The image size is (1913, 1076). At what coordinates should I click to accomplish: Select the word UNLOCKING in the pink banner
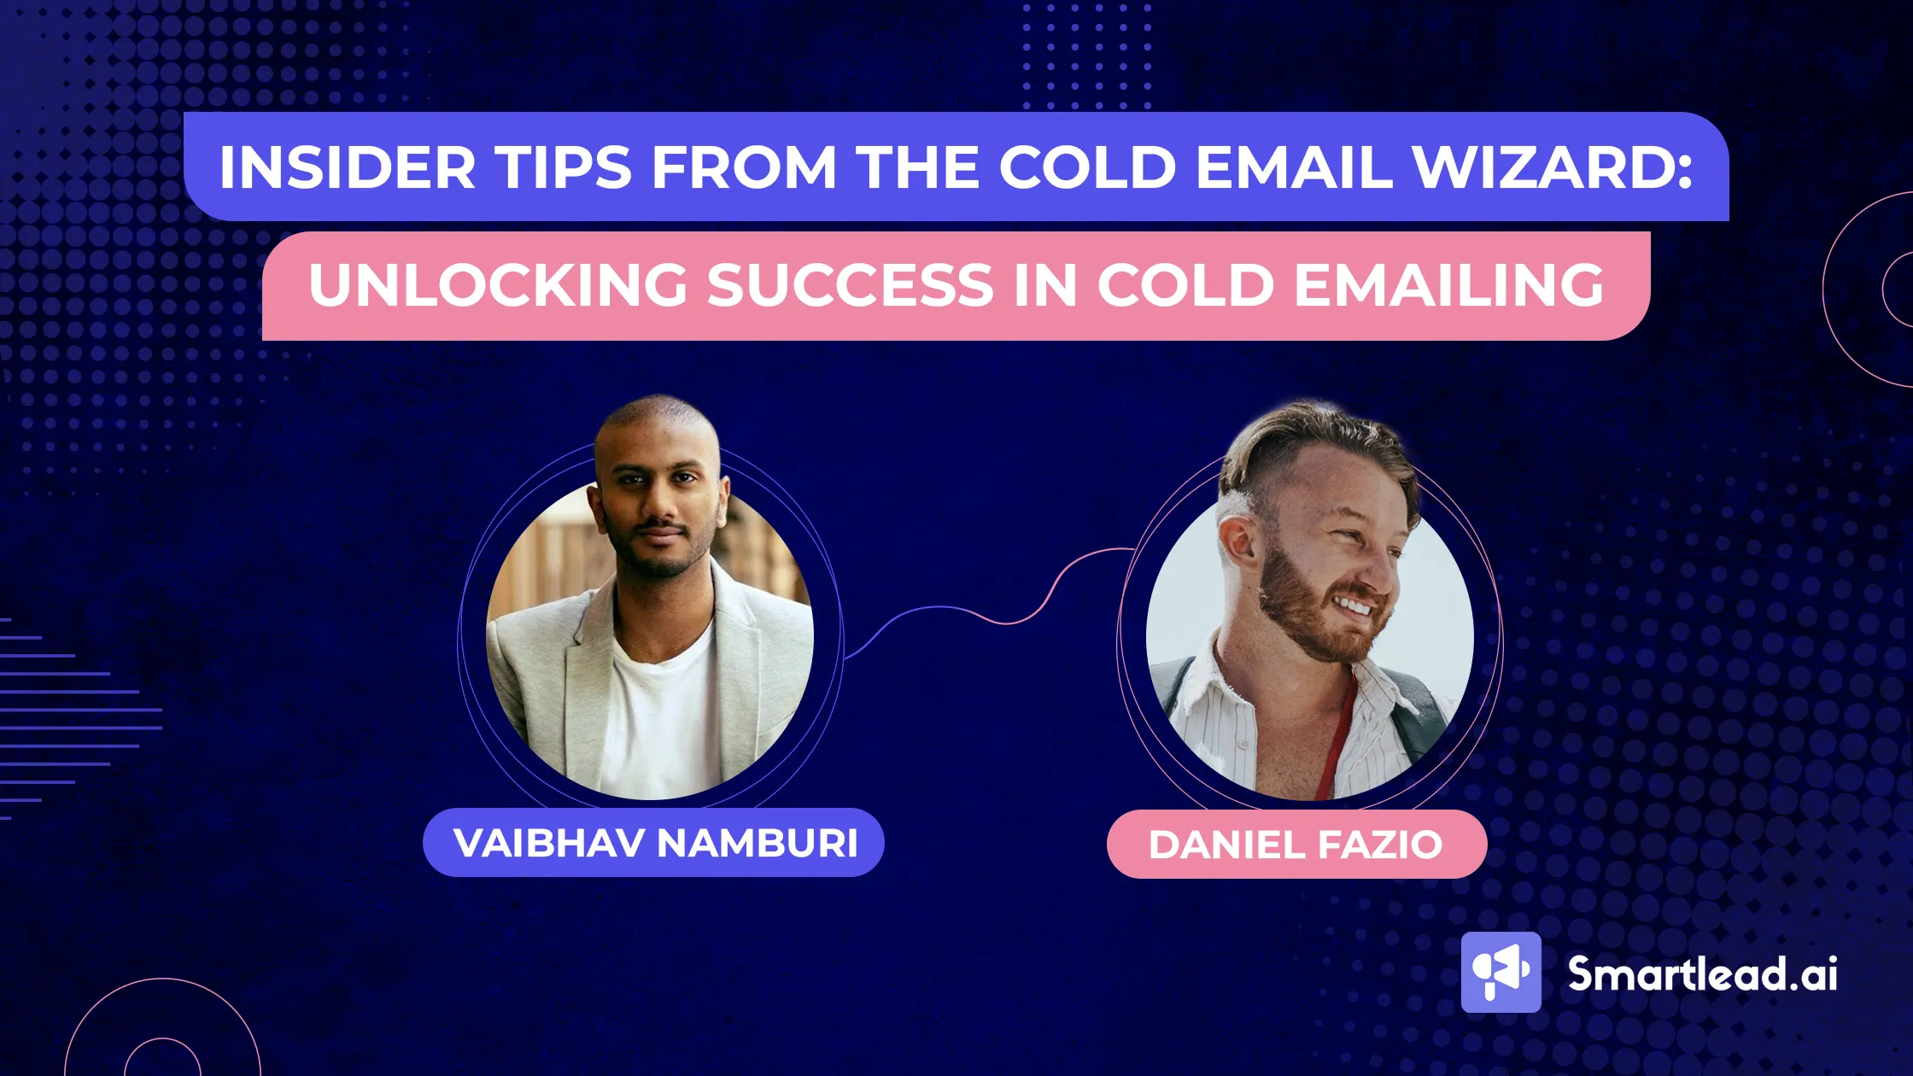pyautogui.click(x=498, y=285)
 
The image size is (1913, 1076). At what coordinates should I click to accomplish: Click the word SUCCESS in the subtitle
pyautogui.click(x=851, y=285)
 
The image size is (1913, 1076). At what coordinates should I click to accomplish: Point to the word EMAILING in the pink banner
pyautogui.click(x=1449, y=285)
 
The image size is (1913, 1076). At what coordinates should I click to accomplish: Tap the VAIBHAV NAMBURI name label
pyautogui.click(x=654, y=843)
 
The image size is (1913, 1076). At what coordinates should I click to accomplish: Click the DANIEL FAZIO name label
pyautogui.click(x=1296, y=845)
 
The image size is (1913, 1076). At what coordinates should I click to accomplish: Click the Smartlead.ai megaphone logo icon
pyautogui.click(x=1501, y=973)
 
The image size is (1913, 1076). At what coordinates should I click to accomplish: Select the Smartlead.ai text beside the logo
pyautogui.click(x=1702, y=974)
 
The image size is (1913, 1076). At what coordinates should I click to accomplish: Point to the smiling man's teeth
pyautogui.click(x=1354, y=607)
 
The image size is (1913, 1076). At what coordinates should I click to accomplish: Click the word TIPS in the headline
pyautogui.click(x=565, y=167)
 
